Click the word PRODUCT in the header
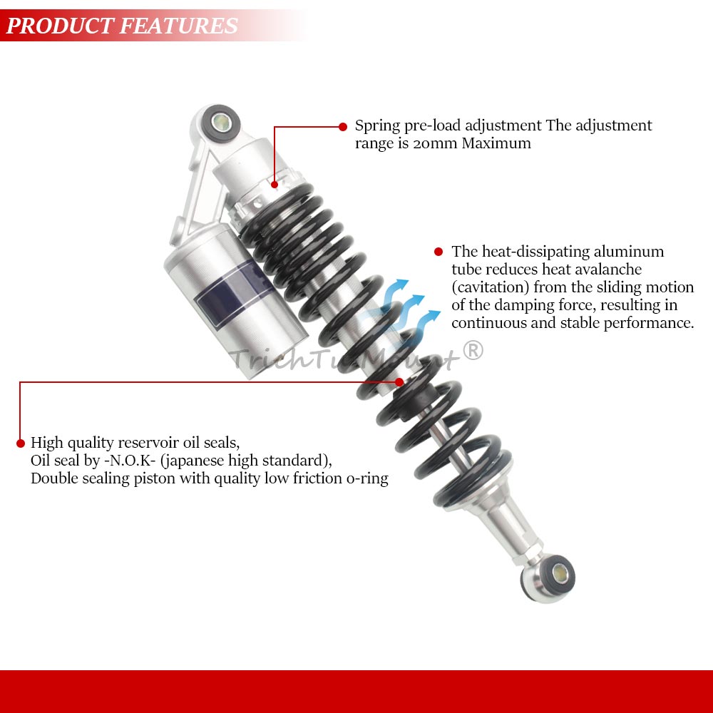(x=60, y=26)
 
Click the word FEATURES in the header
(x=179, y=26)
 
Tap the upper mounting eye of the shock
(x=221, y=123)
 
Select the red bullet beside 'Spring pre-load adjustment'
(x=343, y=127)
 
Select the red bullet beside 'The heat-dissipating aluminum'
(x=438, y=252)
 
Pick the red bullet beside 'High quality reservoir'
(x=21, y=443)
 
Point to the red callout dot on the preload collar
(x=275, y=185)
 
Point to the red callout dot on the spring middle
(x=399, y=382)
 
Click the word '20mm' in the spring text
(x=435, y=143)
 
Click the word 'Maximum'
(x=496, y=143)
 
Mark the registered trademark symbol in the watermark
(x=473, y=351)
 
